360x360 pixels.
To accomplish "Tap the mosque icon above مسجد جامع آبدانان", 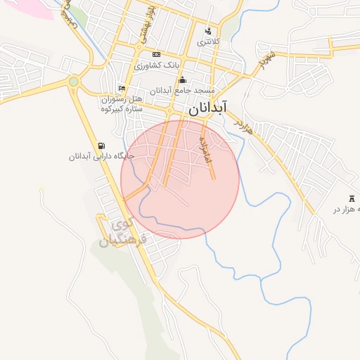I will tap(182, 79).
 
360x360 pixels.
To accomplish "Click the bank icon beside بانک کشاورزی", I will tap(156, 55).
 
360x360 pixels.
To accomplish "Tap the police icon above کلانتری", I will tap(207, 31).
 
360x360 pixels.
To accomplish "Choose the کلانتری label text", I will tap(208, 42).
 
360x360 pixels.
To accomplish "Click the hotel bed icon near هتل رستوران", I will tap(122, 89).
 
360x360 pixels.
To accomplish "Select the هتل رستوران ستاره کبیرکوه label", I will tap(122, 103).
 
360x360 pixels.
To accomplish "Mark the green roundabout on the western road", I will tap(74, 82).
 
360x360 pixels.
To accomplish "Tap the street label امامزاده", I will tap(205, 150).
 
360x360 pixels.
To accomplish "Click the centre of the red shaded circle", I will tap(180, 179).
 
